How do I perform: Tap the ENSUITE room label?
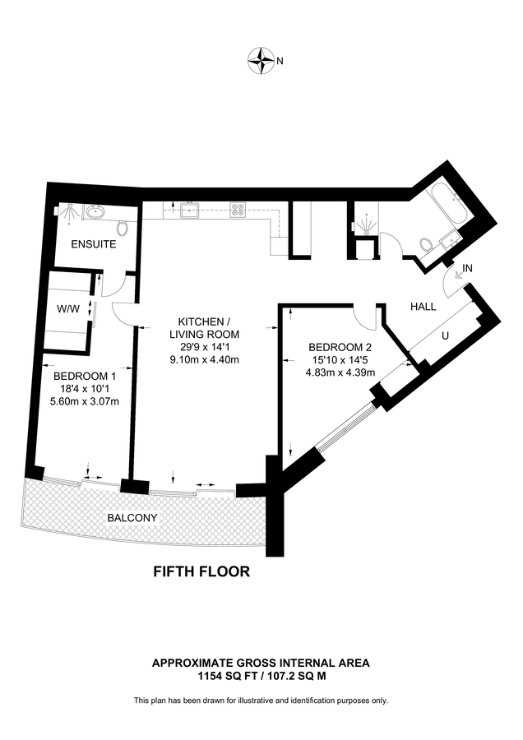(x=93, y=244)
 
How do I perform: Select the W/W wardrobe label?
(x=67, y=309)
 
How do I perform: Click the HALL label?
(x=424, y=306)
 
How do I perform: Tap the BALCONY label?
(x=132, y=518)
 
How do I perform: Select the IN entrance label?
(x=468, y=268)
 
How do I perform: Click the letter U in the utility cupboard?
(x=447, y=335)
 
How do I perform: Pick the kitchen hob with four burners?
(x=238, y=210)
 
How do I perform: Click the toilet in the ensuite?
(x=123, y=227)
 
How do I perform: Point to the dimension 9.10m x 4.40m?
(x=204, y=359)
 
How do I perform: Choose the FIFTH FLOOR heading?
(x=201, y=571)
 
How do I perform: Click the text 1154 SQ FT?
(x=227, y=676)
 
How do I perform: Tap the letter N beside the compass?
(x=280, y=60)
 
